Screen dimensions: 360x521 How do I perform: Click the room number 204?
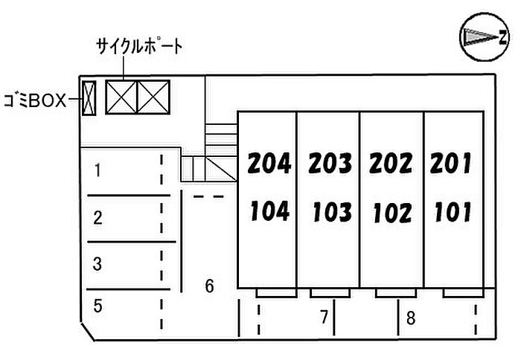coord(269,162)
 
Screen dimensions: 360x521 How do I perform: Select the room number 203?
coord(330,162)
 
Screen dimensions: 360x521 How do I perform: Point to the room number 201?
coord(452,162)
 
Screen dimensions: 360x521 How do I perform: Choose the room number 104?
coord(269,211)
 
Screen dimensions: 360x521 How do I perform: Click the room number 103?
coord(331,212)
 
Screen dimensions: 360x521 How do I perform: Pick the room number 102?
coord(392,213)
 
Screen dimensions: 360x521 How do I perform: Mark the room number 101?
coord(452,212)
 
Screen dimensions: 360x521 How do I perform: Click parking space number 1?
coord(98,170)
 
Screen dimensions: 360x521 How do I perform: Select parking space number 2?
coord(98,218)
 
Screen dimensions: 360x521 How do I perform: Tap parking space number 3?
coord(98,263)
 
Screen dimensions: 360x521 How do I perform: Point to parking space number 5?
coord(98,305)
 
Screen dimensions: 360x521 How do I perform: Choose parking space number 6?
coord(210,286)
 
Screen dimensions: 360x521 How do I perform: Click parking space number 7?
coord(324,318)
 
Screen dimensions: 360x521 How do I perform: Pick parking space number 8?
coord(410,319)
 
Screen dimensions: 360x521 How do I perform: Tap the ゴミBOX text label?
coord(35,99)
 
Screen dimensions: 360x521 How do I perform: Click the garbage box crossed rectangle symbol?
coord(89,98)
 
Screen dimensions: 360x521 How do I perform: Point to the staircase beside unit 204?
coord(212,152)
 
